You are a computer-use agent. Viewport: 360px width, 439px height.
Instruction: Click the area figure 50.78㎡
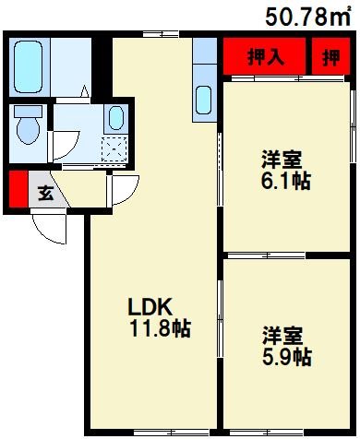308,16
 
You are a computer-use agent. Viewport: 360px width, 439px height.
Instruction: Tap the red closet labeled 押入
265,57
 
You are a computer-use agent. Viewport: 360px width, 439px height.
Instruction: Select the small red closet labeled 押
330,57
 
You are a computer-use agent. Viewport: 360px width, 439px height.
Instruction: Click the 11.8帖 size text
160,329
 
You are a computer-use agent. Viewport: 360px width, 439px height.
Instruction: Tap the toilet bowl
26,126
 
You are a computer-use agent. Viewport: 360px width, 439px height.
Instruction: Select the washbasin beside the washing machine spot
114,117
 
